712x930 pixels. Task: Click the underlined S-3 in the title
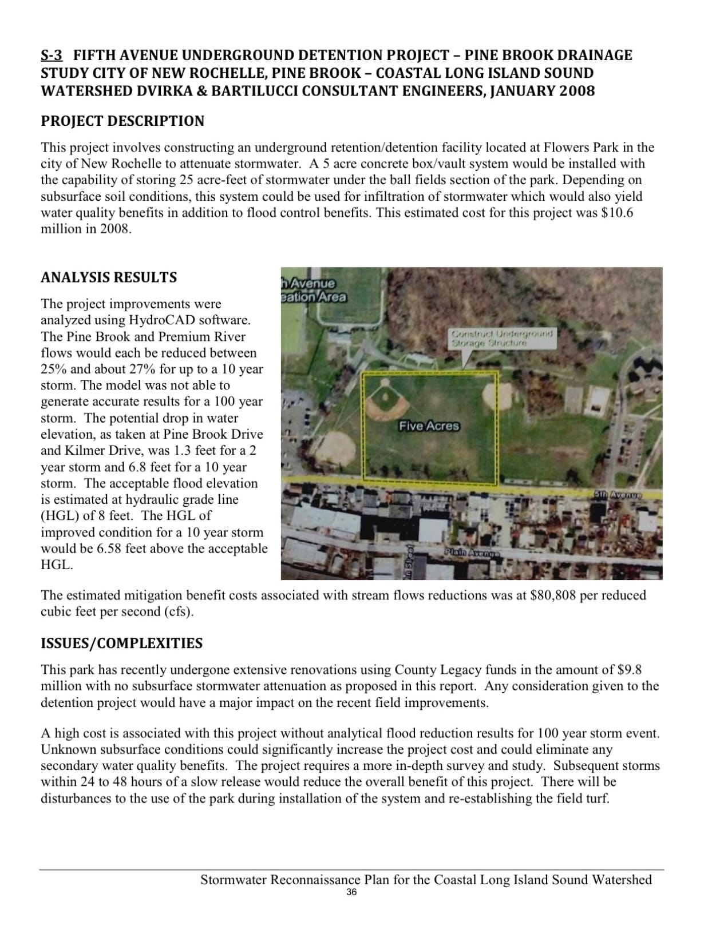click(52, 55)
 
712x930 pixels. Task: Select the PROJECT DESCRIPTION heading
click(122, 121)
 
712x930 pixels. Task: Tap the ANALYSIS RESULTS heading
click(109, 277)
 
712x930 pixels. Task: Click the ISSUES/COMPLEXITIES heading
click(121, 643)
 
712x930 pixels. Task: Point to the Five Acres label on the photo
click(429, 426)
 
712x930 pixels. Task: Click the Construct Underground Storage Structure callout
click(502, 337)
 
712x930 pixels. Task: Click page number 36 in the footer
click(351, 893)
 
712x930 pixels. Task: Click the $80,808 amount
click(553, 595)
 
